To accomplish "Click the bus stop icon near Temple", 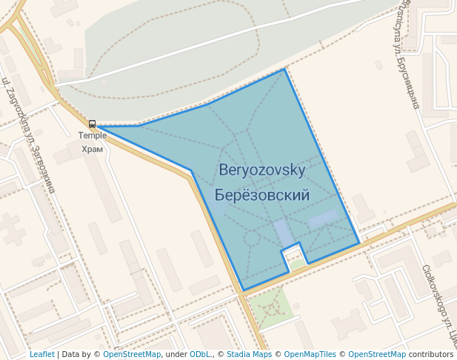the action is click(x=93, y=124).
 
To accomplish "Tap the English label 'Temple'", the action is click(x=93, y=136).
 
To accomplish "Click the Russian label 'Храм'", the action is click(x=93, y=149).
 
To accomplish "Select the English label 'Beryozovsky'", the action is click(x=262, y=170).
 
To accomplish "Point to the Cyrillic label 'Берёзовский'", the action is click(x=262, y=196).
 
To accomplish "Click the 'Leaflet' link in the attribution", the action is click(x=42, y=355).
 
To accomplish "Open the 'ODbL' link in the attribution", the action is click(x=199, y=355).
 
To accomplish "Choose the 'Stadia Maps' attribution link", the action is click(x=248, y=355).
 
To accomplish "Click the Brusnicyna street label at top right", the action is click(x=412, y=56).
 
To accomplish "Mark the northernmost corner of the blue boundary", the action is click(x=284, y=70).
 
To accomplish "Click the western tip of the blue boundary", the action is click(x=99, y=127).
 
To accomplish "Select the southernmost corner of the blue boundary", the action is click(x=243, y=290).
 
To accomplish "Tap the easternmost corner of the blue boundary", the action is click(x=359, y=243).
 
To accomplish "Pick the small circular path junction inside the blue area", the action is click(x=252, y=239).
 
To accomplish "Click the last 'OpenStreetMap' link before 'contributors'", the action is click(x=377, y=355).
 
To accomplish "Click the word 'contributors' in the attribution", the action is click(x=431, y=355).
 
